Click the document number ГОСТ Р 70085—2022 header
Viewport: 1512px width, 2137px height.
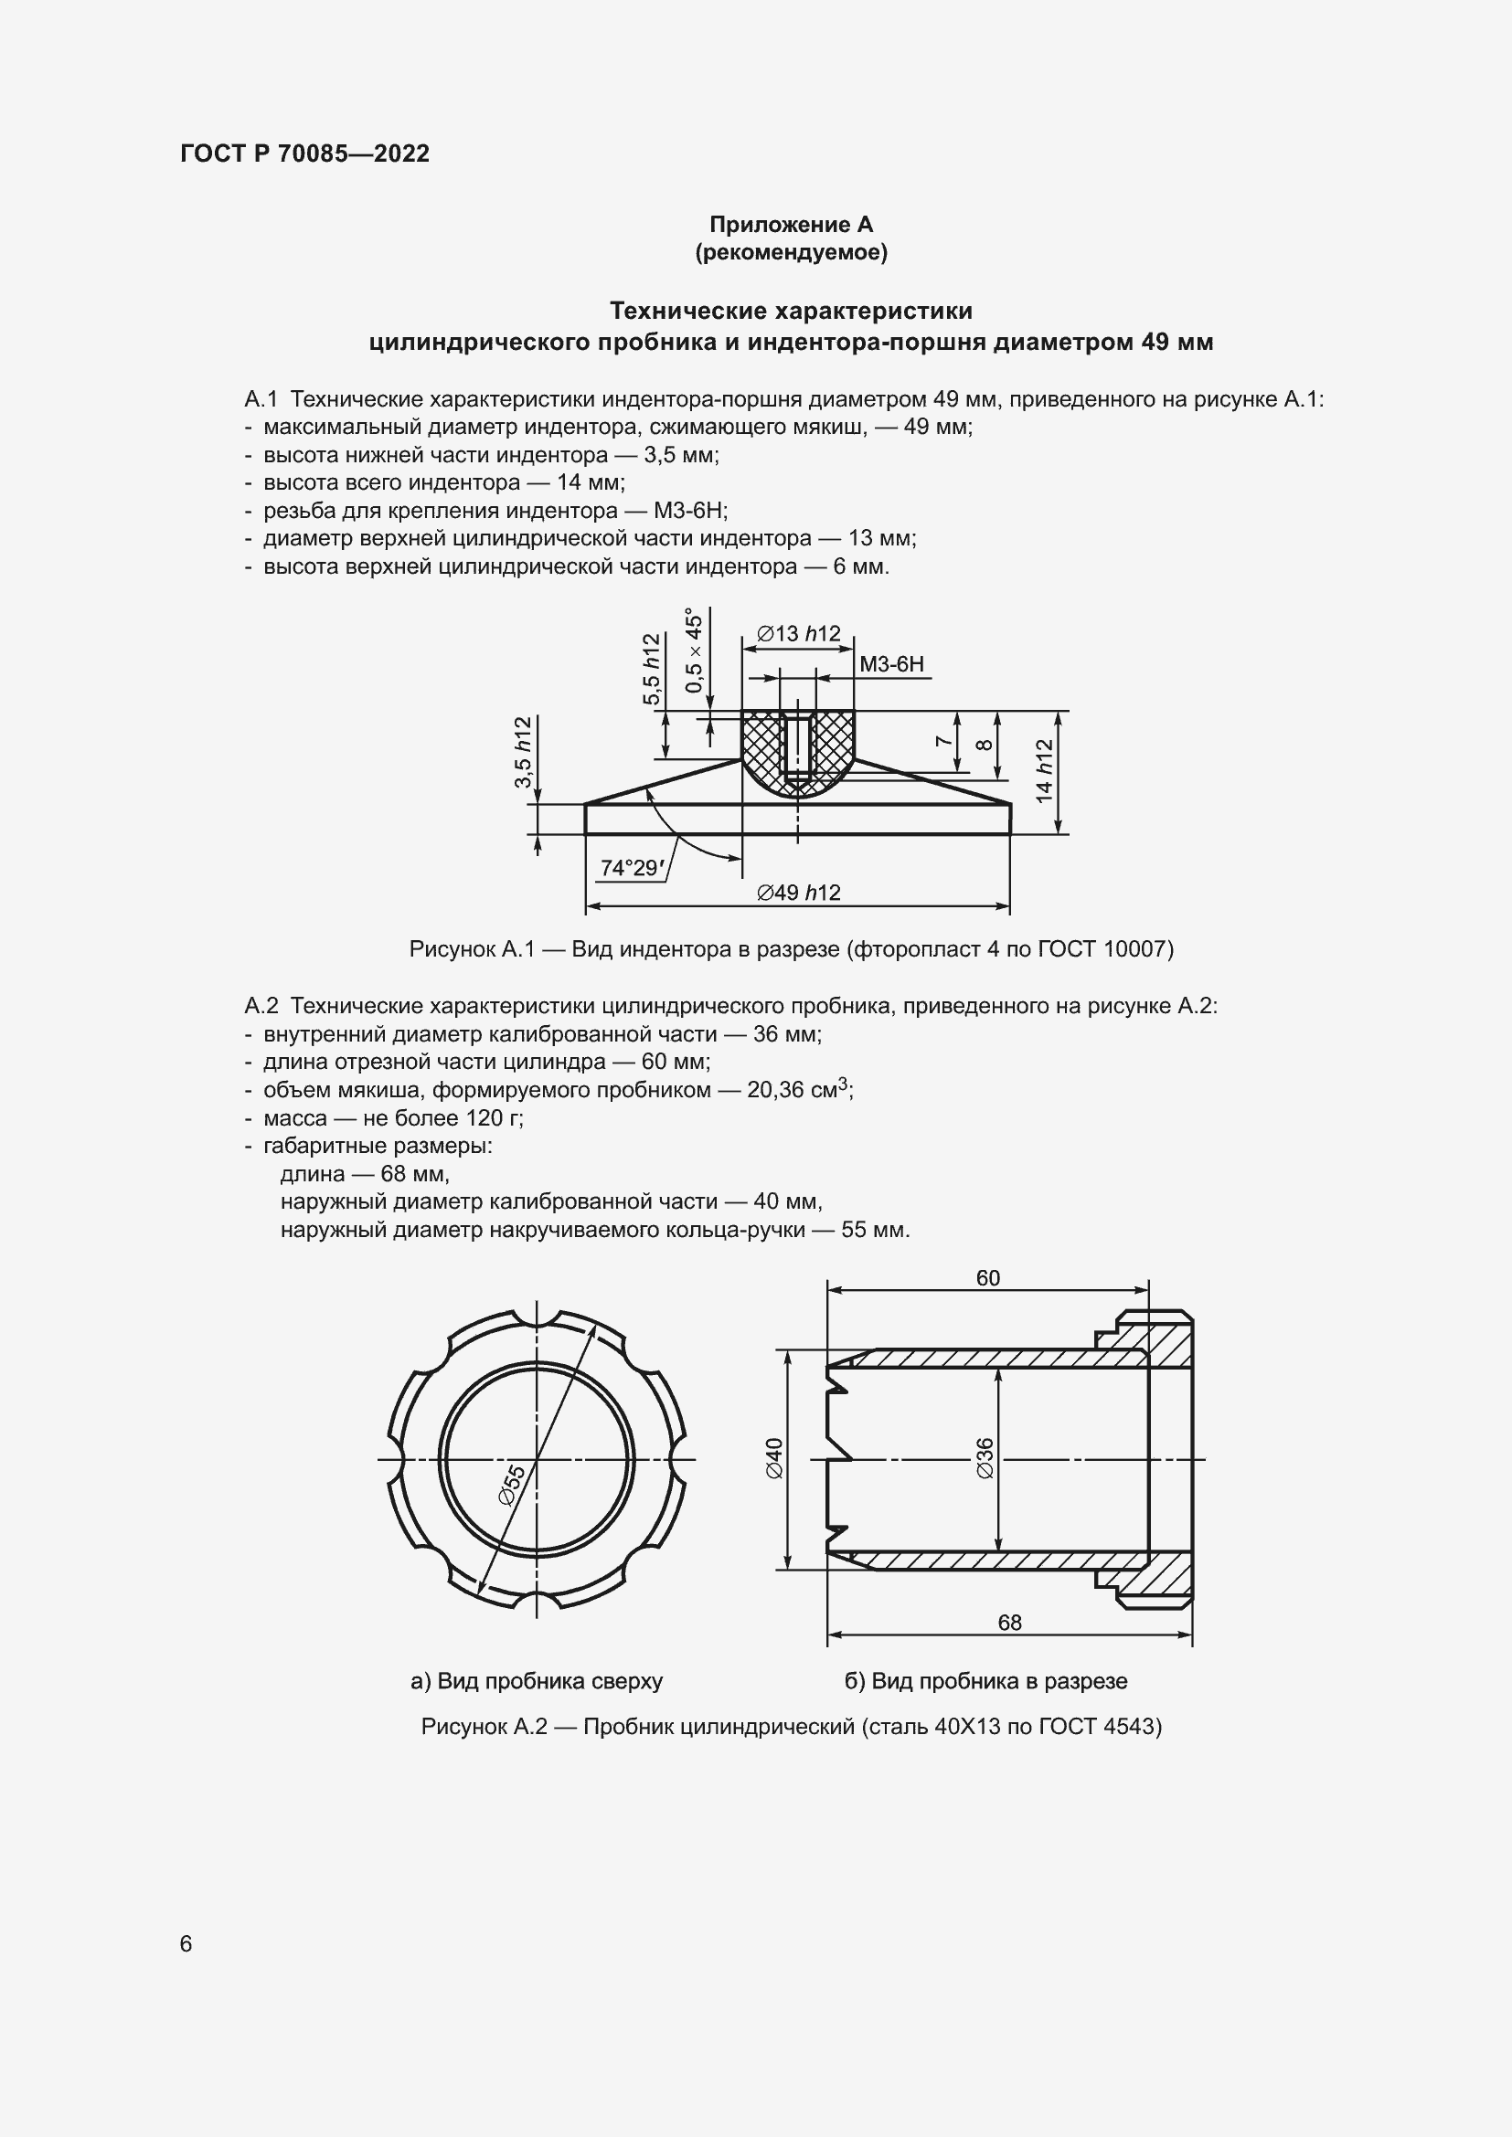pyautogui.click(x=304, y=153)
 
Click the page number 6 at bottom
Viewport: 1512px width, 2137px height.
pyautogui.click(x=186, y=1943)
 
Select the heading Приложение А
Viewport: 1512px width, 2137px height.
pyautogui.click(x=791, y=225)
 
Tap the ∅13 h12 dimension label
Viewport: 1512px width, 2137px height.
pyautogui.click(x=798, y=634)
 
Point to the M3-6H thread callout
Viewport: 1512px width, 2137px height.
pyautogui.click(x=891, y=663)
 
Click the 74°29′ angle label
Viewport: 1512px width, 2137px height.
pyautogui.click(x=632, y=867)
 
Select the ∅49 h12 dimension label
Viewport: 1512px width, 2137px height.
pyautogui.click(x=798, y=893)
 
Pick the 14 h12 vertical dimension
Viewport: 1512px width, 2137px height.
pyautogui.click(x=1044, y=771)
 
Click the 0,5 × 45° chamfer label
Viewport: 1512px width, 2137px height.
pyautogui.click(x=694, y=651)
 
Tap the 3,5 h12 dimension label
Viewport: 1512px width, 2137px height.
pyautogui.click(x=523, y=752)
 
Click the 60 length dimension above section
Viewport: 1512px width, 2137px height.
pyautogui.click(x=988, y=1278)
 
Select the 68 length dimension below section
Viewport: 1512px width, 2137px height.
pyautogui.click(x=1009, y=1623)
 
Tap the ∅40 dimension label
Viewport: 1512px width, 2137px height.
pyautogui.click(x=774, y=1457)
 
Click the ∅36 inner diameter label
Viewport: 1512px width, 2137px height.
pyautogui.click(x=985, y=1457)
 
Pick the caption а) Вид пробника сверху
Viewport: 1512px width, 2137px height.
pyautogui.click(x=537, y=1681)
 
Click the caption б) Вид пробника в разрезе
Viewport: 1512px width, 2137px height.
pyautogui.click(x=985, y=1681)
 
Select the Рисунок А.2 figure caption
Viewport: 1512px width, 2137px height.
pyautogui.click(x=791, y=1727)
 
